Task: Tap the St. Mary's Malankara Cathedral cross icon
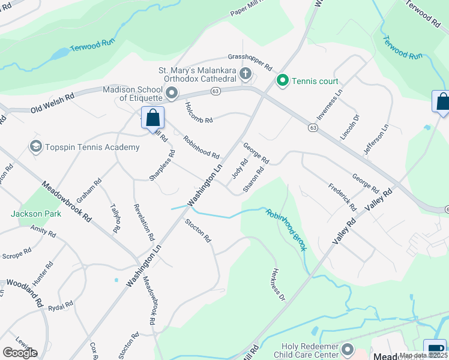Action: point(245,74)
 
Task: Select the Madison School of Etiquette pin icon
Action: point(172,93)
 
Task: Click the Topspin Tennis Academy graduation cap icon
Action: point(35,146)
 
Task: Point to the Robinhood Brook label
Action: point(286,228)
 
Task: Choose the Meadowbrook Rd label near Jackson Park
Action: point(67,202)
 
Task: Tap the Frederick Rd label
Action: point(342,196)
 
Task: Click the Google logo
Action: point(20,353)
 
